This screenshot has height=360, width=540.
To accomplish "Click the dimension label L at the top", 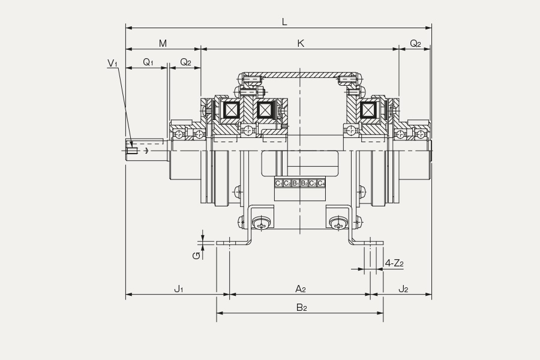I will click(284, 22).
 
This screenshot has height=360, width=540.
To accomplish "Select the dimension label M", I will click(163, 43).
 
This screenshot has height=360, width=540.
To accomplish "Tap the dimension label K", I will click(301, 43).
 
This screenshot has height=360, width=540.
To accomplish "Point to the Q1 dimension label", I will click(148, 62).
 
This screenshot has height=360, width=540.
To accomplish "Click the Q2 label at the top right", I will click(415, 43).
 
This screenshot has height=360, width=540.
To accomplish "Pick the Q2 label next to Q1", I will click(185, 62).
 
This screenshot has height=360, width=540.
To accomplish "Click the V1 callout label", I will click(112, 63).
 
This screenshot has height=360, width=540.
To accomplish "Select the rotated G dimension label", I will click(196, 256).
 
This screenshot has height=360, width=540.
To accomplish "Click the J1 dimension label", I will click(178, 289).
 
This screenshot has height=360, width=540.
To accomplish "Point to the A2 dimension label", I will click(301, 289).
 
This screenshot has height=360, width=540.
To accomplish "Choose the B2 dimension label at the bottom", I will click(301, 308).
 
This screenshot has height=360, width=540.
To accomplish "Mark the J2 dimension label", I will click(403, 289).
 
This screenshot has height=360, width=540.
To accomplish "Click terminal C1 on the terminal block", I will click(278, 183).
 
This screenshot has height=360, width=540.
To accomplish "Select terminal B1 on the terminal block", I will click(295, 183).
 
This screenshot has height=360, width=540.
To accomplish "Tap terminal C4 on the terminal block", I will click(321, 183).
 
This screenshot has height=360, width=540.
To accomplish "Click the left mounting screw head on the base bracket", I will click(262, 224).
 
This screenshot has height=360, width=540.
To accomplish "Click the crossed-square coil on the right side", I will click(367, 110).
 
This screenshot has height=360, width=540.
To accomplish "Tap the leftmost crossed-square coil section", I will click(231, 110).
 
